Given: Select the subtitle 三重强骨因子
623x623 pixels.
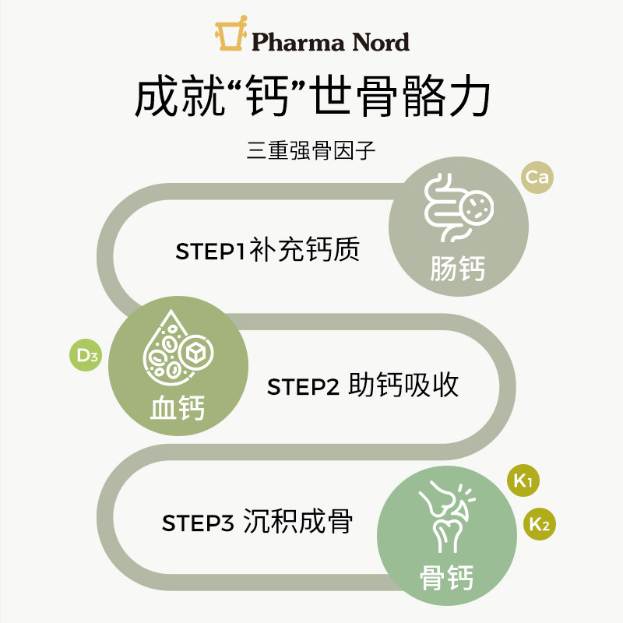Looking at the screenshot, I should click(311, 150).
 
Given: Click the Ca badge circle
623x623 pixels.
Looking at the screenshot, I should click(537, 178).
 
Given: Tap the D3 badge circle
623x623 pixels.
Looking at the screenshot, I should click(86, 356).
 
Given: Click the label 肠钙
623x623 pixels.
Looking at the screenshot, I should click(458, 269).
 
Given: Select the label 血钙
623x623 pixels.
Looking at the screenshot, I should click(178, 408).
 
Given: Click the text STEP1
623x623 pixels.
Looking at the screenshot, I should click(211, 253).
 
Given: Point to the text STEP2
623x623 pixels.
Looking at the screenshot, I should click(304, 387).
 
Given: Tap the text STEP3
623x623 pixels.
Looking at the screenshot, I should click(198, 523).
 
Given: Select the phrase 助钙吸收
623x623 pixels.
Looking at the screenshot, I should click(403, 385).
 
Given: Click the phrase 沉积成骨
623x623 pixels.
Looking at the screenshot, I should click(297, 522).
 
